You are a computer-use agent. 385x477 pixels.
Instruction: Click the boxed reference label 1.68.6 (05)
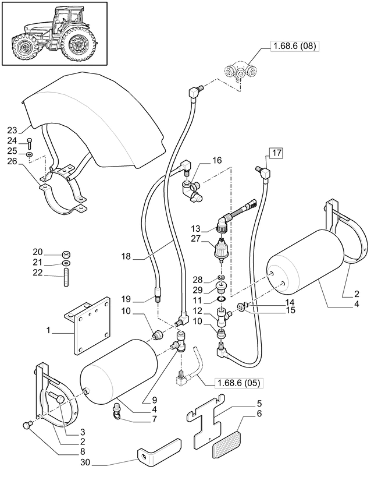point(238,383)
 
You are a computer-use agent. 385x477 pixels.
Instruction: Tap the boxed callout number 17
point(275,154)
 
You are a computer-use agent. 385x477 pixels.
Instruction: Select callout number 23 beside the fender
point(12,130)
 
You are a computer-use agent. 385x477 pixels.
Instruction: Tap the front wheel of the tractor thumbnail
point(24,46)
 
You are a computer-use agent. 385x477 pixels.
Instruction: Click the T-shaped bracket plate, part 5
point(204,422)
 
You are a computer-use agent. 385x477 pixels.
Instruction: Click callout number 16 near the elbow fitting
point(200,160)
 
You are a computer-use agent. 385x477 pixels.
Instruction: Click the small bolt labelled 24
point(29,141)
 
